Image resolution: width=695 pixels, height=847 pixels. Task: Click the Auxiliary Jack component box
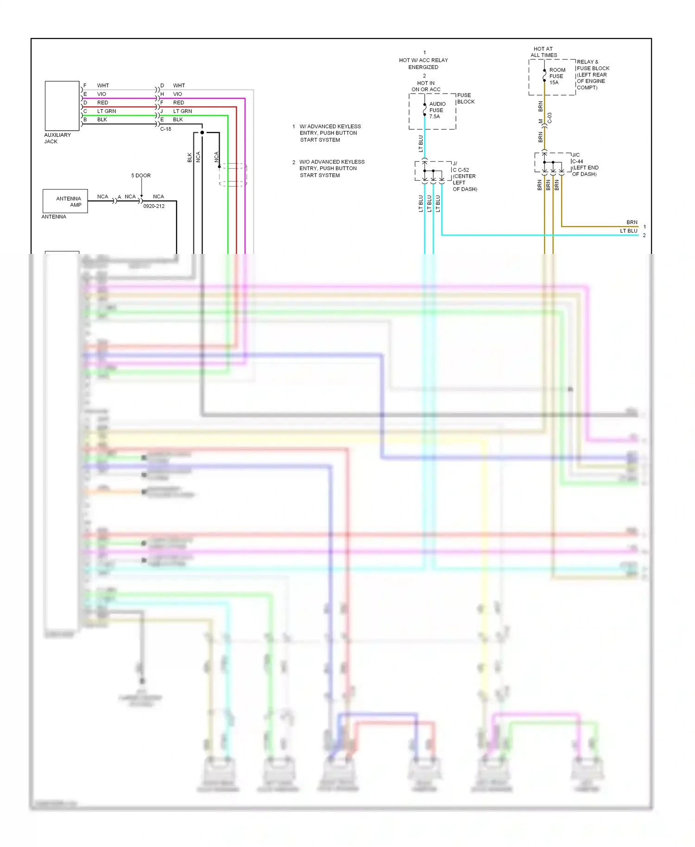[62, 106]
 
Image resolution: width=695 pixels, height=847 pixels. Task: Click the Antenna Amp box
[65, 201]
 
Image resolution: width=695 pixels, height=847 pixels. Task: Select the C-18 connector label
[166, 129]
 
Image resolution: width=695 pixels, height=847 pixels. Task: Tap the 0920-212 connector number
[154, 206]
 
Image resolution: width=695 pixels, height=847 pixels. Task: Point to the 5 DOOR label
[141, 176]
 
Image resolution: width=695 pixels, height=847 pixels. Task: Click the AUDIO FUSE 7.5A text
[436, 110]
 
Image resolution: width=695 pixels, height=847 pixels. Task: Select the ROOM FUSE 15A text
[556, 76]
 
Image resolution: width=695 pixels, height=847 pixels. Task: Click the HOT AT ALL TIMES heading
[543, 52]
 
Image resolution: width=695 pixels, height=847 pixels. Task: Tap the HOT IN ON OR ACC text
[426, 86]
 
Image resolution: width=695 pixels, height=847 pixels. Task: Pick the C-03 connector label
[550, 118]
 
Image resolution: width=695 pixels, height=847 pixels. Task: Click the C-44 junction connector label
[577, 162]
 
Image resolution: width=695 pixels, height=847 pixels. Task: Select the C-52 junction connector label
[463, 170]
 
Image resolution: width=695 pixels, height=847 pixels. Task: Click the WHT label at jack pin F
[103, 86]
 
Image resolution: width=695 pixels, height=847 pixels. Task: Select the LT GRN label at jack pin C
[107, 111]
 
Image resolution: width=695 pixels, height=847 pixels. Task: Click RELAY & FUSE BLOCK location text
[592, 75]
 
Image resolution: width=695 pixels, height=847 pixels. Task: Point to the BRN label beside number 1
[632, 222]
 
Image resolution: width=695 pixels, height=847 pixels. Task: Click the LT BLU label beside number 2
[629, 231]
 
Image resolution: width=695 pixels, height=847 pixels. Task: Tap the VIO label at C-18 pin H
[177, 94]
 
